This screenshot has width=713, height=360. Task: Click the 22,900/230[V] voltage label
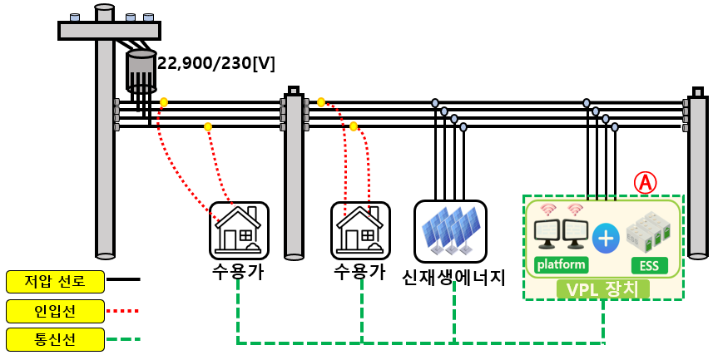click(x=216, y=63)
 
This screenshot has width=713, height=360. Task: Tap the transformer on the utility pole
click(x=141, y=71)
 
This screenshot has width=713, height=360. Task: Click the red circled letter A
click(x=645, y=182)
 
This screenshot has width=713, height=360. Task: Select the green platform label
click(x=561, y=265)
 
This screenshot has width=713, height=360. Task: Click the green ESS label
click(x=650, y=266)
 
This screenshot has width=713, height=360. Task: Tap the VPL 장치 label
click(x=602, y=289)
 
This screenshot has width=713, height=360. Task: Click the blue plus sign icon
click(x=606, y=238)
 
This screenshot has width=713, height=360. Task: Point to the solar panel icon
click(x=450, y=231)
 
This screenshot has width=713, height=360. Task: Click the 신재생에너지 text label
click(x=453, y=276)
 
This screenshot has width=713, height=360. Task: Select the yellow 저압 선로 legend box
click(x=55, y=281)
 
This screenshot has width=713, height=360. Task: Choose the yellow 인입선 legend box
click(x=55, y=311)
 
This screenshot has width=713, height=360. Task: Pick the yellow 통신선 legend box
click(x=55, y=339)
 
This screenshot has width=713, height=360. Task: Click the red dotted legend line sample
click(x=124, y=311)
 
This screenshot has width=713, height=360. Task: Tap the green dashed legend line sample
click(x=124, y=339)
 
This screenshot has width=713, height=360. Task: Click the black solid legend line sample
click(x=124, y=280)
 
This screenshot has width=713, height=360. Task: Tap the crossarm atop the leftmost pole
click(x=109, y=31)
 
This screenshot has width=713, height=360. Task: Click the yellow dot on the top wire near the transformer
click(x=164, y=102)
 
